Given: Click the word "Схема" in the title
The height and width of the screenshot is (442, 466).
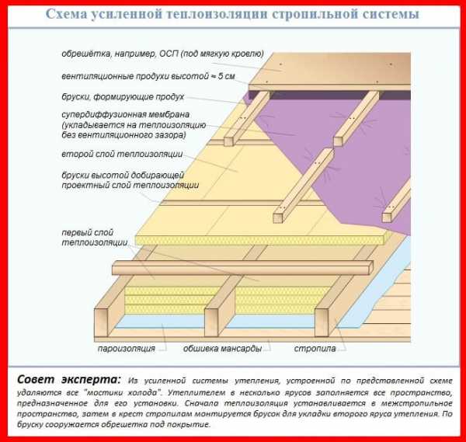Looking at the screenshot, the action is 65,14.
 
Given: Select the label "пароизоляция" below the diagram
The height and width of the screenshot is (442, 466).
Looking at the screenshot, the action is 127,348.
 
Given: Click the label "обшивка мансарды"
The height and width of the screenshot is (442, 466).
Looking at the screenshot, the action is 222,348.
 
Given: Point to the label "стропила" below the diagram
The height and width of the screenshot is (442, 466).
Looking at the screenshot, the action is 315,348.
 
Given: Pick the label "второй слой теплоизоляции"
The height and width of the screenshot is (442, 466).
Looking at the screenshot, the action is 122,154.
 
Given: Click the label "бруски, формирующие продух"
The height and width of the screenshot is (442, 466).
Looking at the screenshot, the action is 123,97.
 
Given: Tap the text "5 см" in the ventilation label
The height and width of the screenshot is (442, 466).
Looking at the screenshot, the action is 227,76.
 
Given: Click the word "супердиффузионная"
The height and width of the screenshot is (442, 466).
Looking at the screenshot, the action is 125,114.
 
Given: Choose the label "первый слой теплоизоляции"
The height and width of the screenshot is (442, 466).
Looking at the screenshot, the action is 95,238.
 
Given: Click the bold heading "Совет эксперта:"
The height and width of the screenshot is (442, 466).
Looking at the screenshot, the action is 69,380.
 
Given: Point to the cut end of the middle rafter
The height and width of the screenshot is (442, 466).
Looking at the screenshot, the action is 211,322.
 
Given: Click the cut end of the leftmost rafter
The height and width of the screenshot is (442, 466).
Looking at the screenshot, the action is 101,322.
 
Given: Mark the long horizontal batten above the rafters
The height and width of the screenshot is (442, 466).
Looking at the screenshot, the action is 242,267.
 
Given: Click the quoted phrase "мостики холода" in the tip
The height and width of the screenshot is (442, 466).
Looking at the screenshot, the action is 121,392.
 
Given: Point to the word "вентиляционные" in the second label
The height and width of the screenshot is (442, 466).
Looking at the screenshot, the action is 97,76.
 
